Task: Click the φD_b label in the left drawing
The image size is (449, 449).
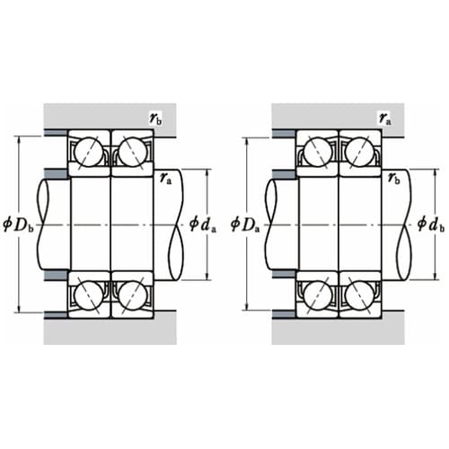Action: pos(19,224)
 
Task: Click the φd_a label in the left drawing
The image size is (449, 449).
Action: pos(203,224)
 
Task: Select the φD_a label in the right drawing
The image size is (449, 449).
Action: pos(245,224)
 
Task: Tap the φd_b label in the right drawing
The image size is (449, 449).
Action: pos(431,224)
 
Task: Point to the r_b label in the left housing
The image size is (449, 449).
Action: pos(155,119)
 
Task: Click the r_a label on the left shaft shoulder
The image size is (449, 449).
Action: pos(166,179)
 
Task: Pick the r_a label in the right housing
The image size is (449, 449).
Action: pos(385,119)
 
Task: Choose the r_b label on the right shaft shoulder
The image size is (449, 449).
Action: pos(394,179)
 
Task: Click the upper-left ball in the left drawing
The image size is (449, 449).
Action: pos(89,152)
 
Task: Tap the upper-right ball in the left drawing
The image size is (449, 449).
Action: pos(133,152)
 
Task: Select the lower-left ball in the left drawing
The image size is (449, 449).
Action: pos(89,295)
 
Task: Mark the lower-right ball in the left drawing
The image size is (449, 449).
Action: pos(133,295)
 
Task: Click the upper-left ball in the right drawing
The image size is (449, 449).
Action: pos(318,152)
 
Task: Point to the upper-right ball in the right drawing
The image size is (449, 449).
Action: pos(359,152)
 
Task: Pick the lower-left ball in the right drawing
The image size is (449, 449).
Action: pos(318,295)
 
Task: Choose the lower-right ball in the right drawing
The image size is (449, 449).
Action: pos(359,295)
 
